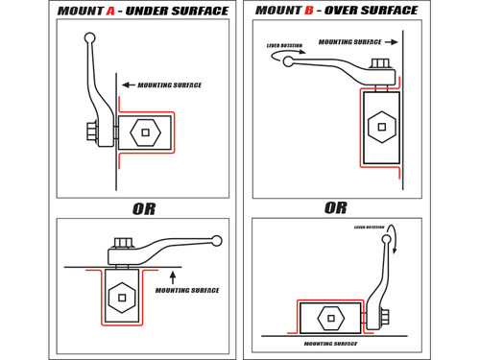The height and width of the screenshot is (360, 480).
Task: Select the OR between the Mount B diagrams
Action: click(335, 207)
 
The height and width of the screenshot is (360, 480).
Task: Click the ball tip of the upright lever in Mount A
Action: click(89, 38)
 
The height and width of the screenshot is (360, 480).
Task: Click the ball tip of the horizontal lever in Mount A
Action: click(217, 241)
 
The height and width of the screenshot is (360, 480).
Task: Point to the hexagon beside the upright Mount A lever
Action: click(145, 132)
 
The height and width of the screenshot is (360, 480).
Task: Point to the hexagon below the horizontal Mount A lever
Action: click(121, 297)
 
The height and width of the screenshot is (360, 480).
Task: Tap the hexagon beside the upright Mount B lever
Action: click(330, 317)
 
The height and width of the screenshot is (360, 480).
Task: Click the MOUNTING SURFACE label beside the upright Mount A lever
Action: click(170, 85)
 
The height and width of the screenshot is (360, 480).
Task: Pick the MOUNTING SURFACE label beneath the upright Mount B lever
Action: click(330, 343)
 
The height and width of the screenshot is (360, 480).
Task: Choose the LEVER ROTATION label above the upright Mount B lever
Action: click(370, 228)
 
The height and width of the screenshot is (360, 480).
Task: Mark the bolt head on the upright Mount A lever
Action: click(92, 132)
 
